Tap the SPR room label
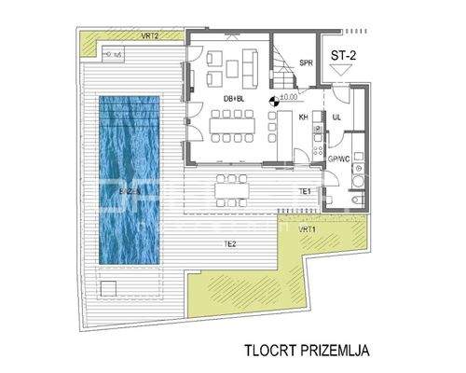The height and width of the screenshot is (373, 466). pos(305,63)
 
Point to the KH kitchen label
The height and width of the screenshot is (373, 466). pos(303,117)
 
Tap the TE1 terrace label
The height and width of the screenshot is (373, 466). pos(304,191)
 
